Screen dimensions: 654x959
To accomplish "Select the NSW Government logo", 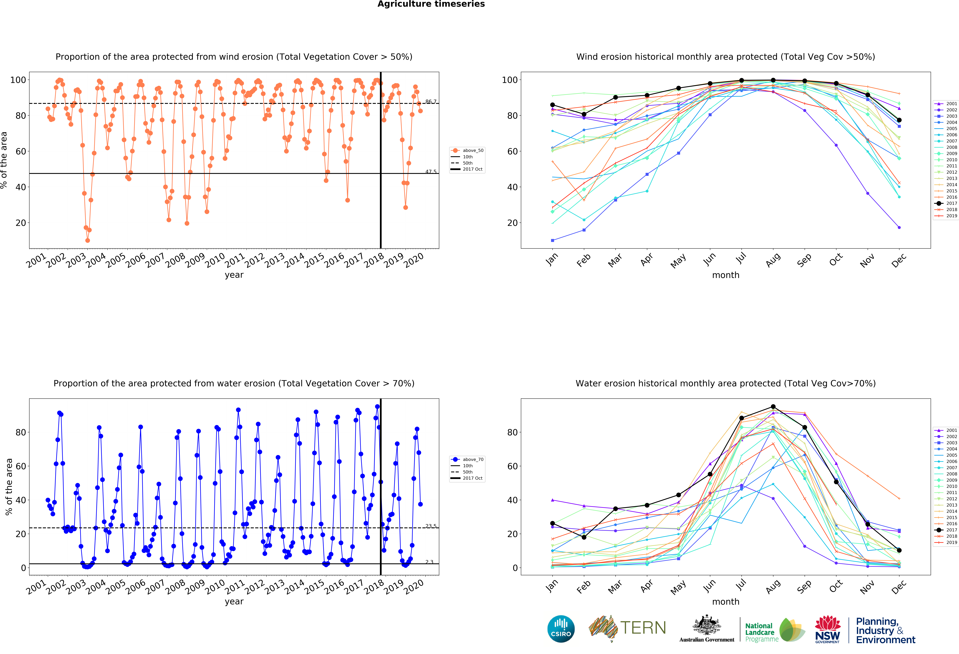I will (827, 629).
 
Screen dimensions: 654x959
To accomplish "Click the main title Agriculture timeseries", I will (431, 4).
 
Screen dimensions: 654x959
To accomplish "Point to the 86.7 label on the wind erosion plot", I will (430, 102).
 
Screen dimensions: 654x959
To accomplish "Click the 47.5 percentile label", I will (430, 171).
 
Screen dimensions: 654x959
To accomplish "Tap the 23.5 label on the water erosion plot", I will (430, 526).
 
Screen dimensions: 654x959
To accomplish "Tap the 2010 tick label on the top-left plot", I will (215, 260).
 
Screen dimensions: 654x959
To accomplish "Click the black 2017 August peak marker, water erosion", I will (773, 407).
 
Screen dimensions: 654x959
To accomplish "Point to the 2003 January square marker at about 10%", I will (553, 240).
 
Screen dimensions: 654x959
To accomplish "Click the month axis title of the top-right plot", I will (725, 275).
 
